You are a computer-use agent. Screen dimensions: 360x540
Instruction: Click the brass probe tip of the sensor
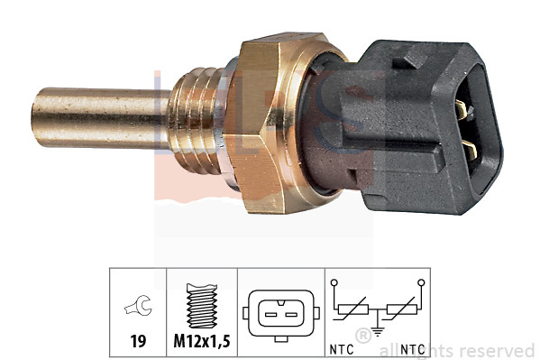[x=90, y=117]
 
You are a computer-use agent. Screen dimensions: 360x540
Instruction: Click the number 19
[x=138, y=343]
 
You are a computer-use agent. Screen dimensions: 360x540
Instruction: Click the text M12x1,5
[x=201, y=343]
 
